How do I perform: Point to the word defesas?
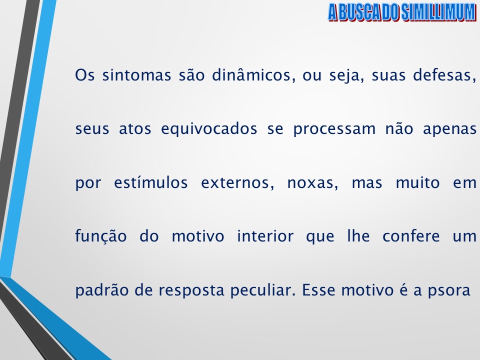point(444,76)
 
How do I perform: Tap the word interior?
point(265,236)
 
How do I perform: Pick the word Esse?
point(318,290)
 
